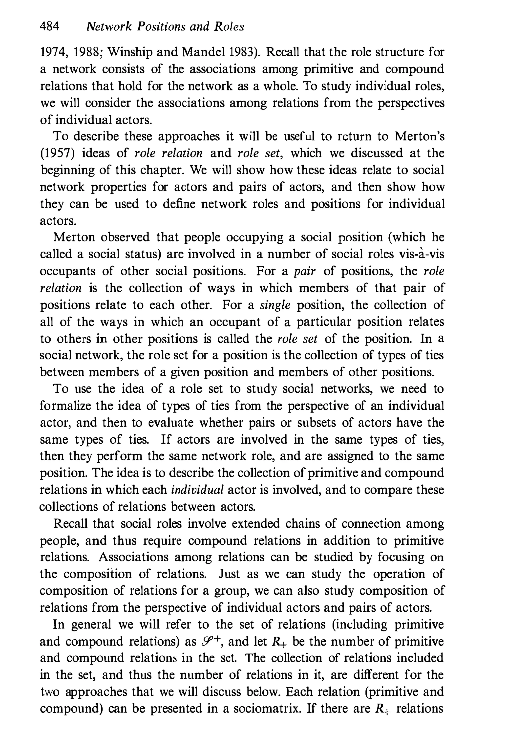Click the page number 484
pos(49,26)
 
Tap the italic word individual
pos(197,490)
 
